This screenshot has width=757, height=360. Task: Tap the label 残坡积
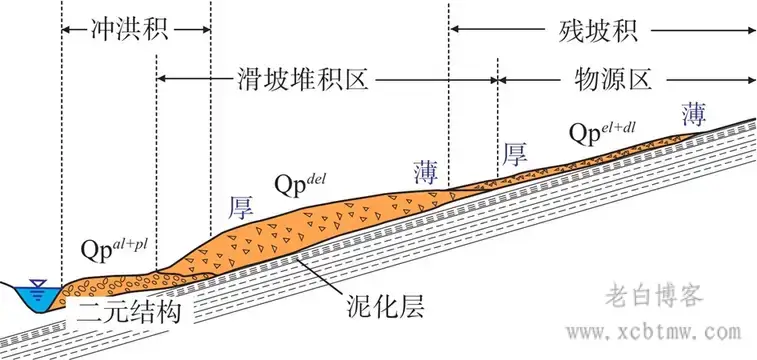click(x=597, y=29)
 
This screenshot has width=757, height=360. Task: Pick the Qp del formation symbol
click(x=309, y=186)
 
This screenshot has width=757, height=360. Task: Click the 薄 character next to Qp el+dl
click(x=693, y=112)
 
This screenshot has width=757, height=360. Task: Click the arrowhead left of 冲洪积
click(x=66, y=29)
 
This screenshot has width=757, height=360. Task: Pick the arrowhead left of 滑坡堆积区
click(x=163, y=78)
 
